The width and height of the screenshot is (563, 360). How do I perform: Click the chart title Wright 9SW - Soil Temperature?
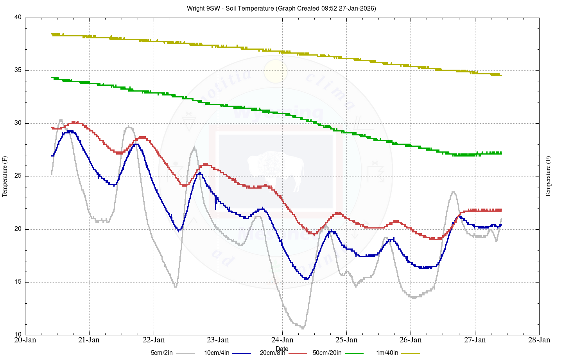(x=281, y=8)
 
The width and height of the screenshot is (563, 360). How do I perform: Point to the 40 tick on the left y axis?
(x=18, y=18)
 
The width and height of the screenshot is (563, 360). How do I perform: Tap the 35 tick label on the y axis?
(x=18, y=70)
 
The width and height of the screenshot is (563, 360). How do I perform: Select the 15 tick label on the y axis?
(x=18, y=282)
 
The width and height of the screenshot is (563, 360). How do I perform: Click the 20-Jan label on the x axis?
(x=25, y=340)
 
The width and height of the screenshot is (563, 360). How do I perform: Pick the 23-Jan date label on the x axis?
(x=218, y=340)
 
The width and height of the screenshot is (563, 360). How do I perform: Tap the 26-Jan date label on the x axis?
(x=411, y=340)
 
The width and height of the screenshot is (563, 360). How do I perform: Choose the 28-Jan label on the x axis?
(x=539, y=340)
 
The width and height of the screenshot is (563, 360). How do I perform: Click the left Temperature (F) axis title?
(x=5, y=176)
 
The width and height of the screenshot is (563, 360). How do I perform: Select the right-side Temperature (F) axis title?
(x=548, y=176)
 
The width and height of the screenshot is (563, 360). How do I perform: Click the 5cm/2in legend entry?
(x=162, y=353)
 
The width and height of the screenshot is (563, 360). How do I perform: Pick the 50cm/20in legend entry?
(x=327, y=353)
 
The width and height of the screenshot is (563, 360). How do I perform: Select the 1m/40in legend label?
(x=387, y=353)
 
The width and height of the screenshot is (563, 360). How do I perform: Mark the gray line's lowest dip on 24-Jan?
(x=303, y=328)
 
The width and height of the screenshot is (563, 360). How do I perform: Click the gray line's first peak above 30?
(x=61, y=120)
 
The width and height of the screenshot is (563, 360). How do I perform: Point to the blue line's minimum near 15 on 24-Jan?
(x=306, y=279)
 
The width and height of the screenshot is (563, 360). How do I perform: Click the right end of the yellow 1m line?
(x=501, y=76)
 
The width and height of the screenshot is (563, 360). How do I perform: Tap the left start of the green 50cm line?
(x=52, y=78)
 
